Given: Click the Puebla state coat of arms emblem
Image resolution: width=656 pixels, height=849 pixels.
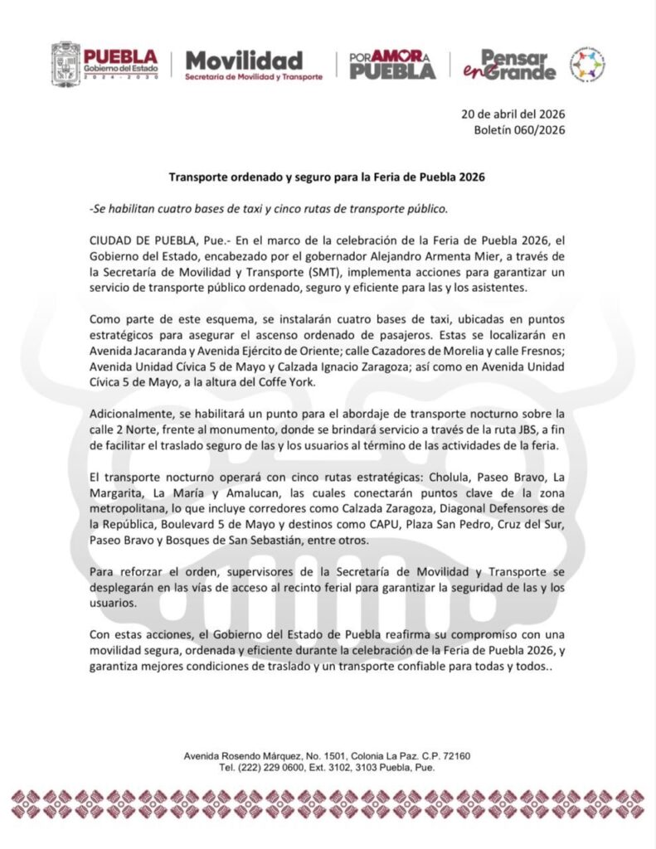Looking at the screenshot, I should [x=66, y=63].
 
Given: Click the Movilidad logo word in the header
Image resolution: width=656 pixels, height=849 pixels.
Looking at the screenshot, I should [x=243, y=61].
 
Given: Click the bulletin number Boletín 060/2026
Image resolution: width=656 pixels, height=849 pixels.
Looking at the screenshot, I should [x=520, y=130].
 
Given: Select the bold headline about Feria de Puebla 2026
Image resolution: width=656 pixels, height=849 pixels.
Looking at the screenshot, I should [x=327, y=177].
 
